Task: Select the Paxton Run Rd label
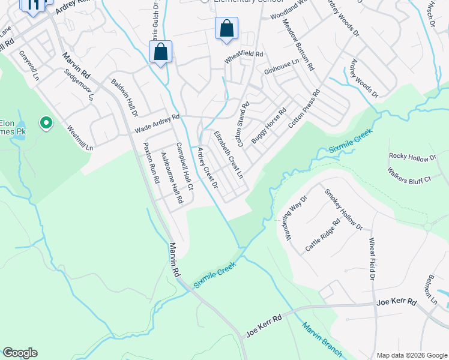click(150, 163)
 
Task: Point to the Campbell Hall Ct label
click(183, 166)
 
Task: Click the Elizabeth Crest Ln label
click(232, 155)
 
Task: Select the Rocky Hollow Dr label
click(412, 157)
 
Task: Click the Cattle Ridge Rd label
click(322, 235)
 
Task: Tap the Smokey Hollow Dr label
click(343, 209)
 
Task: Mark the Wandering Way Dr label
click(295, 215)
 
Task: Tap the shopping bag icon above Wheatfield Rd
click(226, 28)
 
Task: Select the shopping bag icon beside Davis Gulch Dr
click(160, 52)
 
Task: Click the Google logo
click(20, 353)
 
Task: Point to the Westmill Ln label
click(80, 138)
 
